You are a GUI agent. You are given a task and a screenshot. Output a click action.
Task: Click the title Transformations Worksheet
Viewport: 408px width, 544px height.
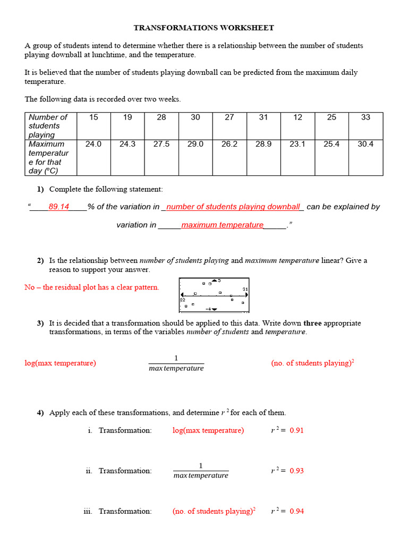coord(204,28)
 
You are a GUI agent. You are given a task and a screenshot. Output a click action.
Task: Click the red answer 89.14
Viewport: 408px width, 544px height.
coord(58,207)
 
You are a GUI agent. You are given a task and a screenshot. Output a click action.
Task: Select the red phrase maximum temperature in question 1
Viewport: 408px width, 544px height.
coord(222,225)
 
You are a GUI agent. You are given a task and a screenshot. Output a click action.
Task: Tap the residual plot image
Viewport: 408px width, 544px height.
coord(214,294)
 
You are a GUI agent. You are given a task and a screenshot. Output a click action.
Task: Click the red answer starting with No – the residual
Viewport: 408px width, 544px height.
coord(91,287)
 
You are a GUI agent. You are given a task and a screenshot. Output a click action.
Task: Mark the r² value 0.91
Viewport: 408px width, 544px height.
coord(296,430)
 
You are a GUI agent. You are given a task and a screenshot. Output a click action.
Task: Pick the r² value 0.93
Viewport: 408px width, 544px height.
coord(296,471)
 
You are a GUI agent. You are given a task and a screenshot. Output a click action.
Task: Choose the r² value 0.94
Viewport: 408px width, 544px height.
coord(296,511)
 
